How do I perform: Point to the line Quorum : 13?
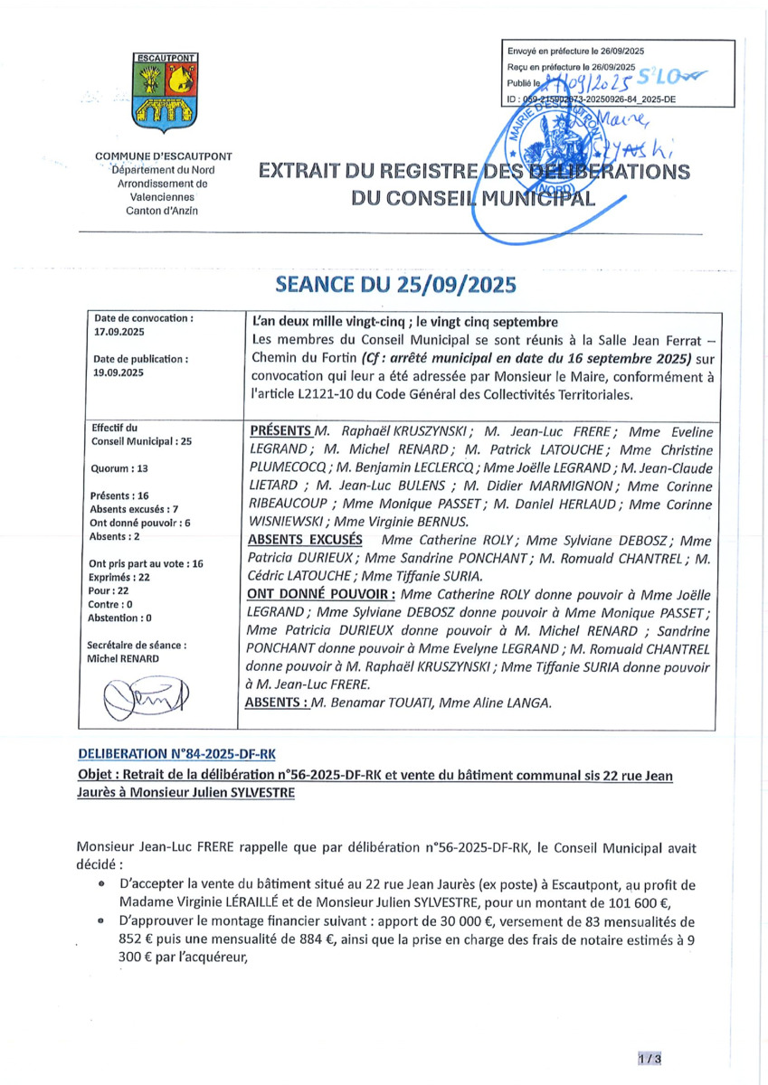[x=119, y=469]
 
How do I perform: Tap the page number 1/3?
[x=649, y=1058]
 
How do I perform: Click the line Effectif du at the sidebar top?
[x=115, y=428]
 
